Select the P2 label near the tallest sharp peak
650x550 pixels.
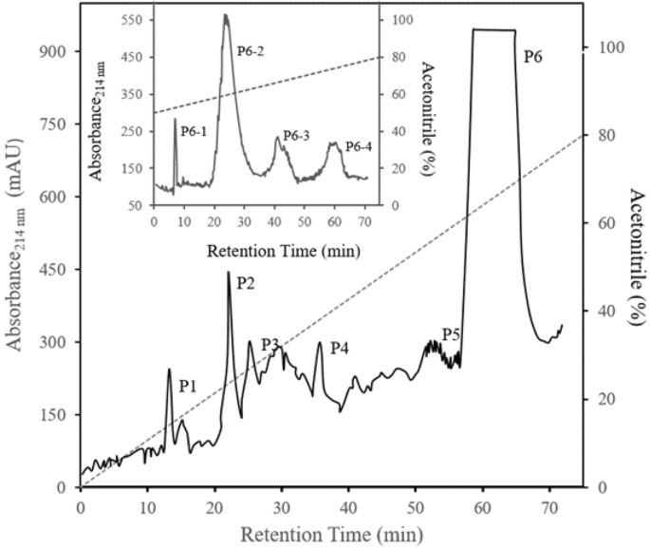pos(246,283)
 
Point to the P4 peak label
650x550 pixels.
pos(340,350)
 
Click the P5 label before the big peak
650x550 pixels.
pos(452,333)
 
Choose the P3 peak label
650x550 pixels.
pos(270,343)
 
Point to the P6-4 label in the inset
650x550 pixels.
pos(358,146)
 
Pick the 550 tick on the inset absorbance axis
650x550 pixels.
pos(131,20)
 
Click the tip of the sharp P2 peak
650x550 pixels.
pos(229,273)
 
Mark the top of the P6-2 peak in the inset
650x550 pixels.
pos(225,15)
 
